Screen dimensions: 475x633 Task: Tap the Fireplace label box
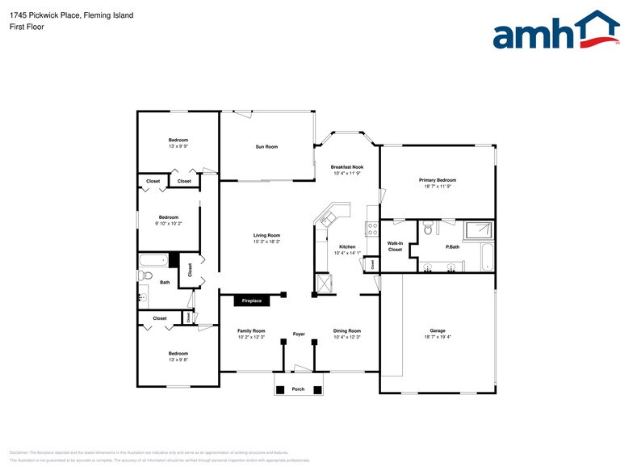(252, 301)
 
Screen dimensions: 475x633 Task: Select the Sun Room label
(266, 146)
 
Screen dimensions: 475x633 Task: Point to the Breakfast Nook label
(346, 167)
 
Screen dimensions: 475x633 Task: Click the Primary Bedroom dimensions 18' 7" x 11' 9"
(437, 187)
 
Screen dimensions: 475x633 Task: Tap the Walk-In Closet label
(395, 246)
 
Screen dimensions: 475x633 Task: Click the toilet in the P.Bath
(429, 227)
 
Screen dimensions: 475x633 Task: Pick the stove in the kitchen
(372, 229)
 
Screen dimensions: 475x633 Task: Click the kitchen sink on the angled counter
(329, 219)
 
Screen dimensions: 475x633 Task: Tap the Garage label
(437, 330)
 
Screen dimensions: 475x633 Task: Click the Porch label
(298, 389)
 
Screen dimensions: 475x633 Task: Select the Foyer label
(298, 334)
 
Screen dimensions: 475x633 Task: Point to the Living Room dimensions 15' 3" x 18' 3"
(266, 242)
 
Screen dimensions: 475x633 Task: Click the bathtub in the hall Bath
(153, 260)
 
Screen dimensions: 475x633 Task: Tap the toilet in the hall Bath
(145, 275)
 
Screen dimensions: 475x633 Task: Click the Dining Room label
(346, 330)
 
